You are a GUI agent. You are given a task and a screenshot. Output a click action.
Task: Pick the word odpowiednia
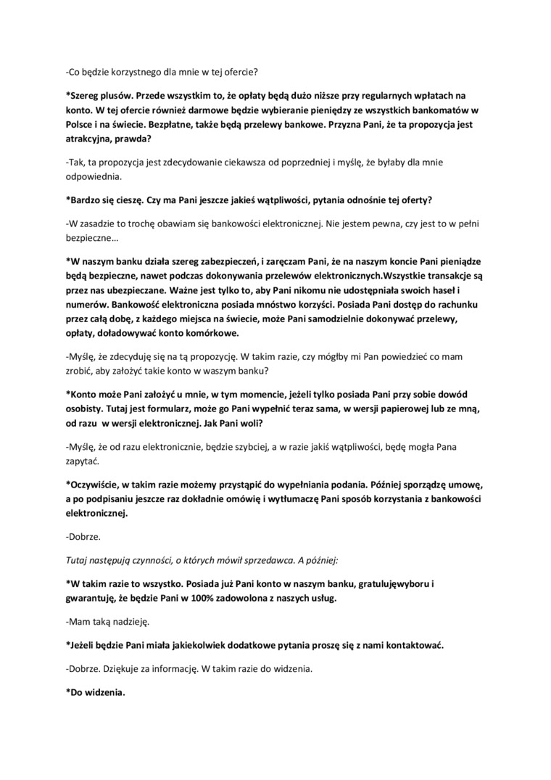[x=94, y=176]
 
